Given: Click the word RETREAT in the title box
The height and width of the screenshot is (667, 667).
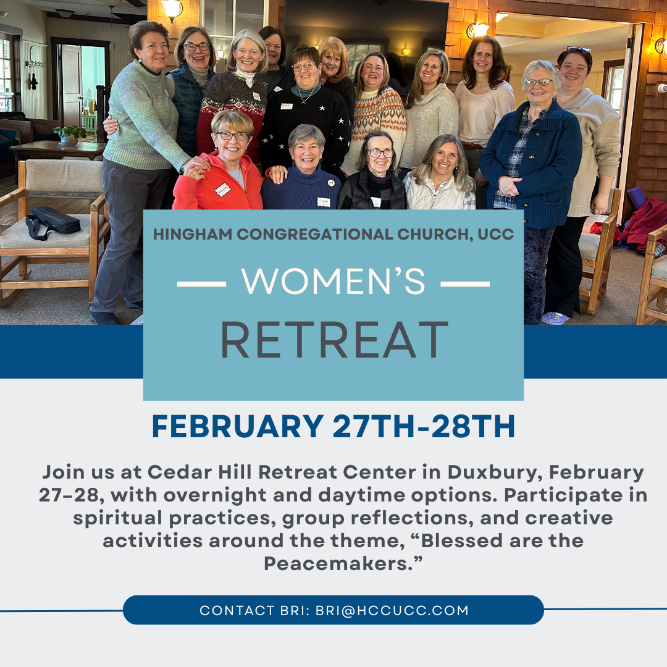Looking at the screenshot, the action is point(334,340).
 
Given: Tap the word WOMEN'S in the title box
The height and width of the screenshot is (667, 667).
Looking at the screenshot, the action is point(333,281).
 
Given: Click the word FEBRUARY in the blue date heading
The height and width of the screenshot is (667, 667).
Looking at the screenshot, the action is point(238,426).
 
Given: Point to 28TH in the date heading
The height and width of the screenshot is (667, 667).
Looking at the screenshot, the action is point(473,426).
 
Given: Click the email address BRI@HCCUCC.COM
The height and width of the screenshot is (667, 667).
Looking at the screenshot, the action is point(392,610).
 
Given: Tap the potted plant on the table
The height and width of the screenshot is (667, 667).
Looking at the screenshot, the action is point(70,135).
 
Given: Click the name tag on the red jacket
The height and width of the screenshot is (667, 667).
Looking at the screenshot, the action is point(222,190).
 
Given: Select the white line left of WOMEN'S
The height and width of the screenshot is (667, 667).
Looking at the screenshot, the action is point(201,283).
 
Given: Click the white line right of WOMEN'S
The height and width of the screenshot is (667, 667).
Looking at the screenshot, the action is point(465,283).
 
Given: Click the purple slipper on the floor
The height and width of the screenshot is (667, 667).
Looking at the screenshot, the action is point(555,318).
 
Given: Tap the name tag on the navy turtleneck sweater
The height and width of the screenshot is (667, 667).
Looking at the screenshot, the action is point(323,201).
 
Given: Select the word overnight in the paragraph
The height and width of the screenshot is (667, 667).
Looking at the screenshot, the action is point(215,495).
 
